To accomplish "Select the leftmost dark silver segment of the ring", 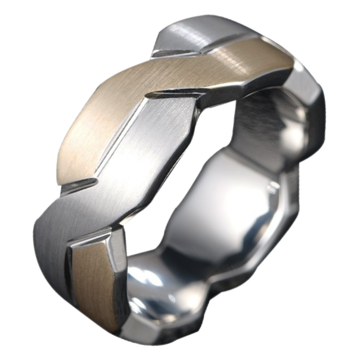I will point(47,243).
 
